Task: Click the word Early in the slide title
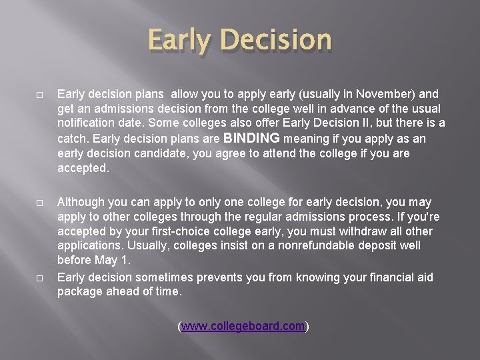pyautogui.click(x=179, y=40)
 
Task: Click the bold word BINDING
pyautogui.click(x=251, y=138)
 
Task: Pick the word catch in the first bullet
pyautogui.click(x=73, y=139)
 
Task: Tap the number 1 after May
pyautogui.click(x=124, y=260)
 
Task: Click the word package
pyautogui.click(x=79, y=292)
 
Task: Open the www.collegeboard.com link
pyautogui.click(x=243, y=326)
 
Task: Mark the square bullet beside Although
pyautogui.click(x=39, y=203)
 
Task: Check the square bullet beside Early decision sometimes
pyautogui.click(x=39, y=278)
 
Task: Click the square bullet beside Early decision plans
pyautogui.click(x=39, y=95)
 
